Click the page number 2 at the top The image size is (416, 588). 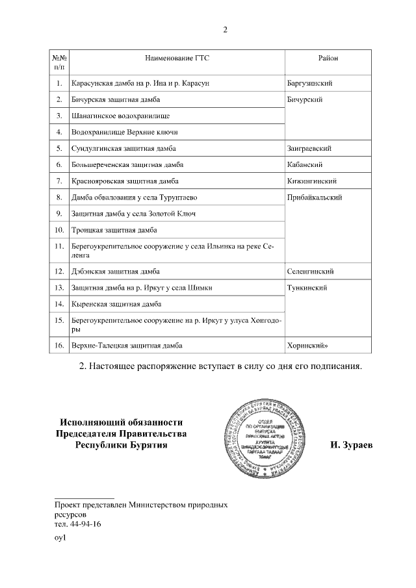pos(225,29)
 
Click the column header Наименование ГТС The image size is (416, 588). pos(177,58)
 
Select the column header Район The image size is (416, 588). pos(328,58)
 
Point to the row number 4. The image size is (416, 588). pos(59,132)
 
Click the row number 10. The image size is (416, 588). pos(59,229)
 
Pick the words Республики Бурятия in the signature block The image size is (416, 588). pos(122,446)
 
